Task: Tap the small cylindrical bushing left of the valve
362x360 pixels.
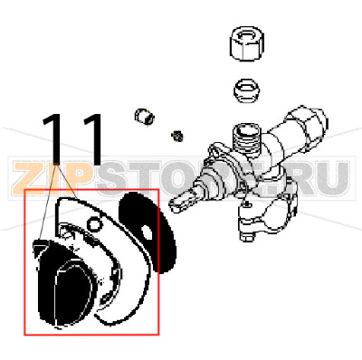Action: pyautogui.click(x=142, y=118)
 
